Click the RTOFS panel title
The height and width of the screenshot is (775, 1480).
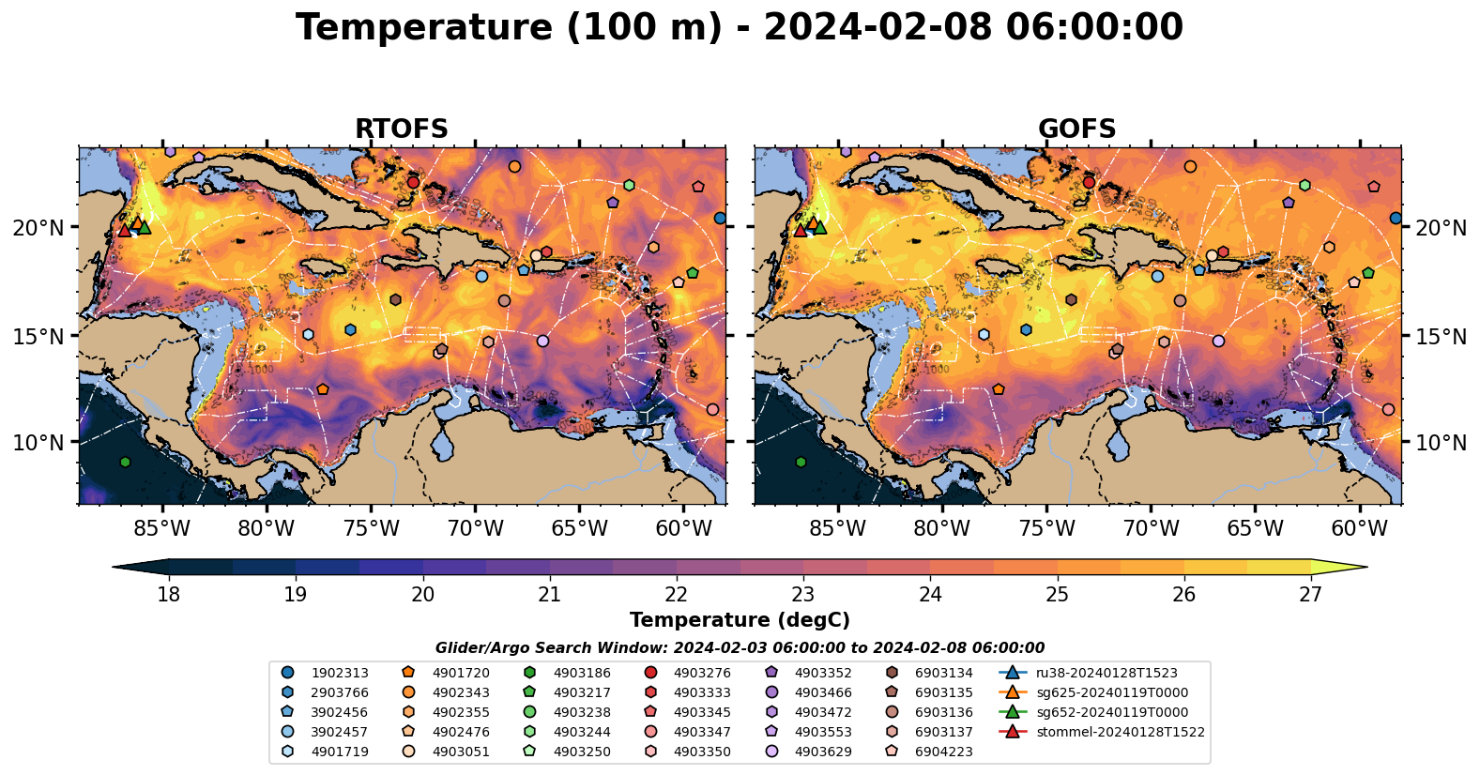(401, 129)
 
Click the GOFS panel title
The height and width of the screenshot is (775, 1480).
(1076, 129)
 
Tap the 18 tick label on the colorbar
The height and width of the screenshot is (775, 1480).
(169, 595)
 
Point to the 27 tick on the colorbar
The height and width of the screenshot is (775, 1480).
(1310, 595)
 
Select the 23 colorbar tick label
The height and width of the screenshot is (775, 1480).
(803, 595)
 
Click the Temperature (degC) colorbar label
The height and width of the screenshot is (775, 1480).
(740, 620)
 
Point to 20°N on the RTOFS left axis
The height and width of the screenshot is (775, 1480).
(38, 228)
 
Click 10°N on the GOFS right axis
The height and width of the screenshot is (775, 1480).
(1441, 443)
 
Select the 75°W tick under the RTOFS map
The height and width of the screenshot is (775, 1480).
(371, 528)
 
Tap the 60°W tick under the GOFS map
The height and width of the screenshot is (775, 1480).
(1359, 528)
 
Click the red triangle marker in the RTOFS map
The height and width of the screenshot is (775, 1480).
(124, 230)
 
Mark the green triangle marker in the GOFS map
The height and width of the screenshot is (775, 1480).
(819, 227)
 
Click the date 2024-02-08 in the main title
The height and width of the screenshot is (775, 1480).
(877, 28)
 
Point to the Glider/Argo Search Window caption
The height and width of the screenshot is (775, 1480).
(740, 648)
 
